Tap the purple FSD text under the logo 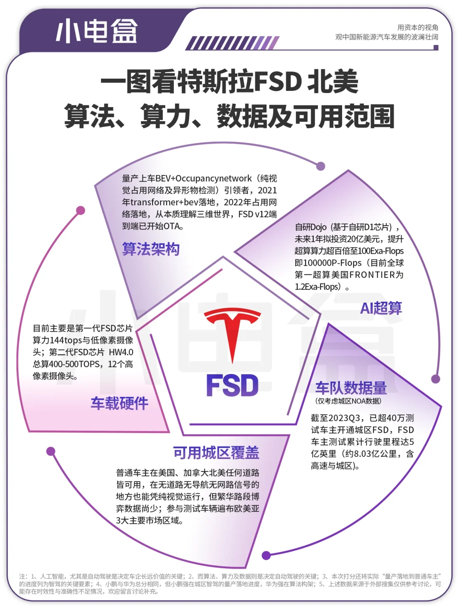[232, 385]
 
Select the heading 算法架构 [151, 249]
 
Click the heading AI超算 [381, 308]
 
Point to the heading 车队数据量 [351, 388]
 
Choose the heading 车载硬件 [119, 403]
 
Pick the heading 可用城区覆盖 [216, 453]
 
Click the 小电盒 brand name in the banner [97, 31]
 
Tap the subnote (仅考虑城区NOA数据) [348, 401]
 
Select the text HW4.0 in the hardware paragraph [121, 352]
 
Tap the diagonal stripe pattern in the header [232, 43]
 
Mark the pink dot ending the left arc [80, 210]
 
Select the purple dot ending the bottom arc [266, 555]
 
